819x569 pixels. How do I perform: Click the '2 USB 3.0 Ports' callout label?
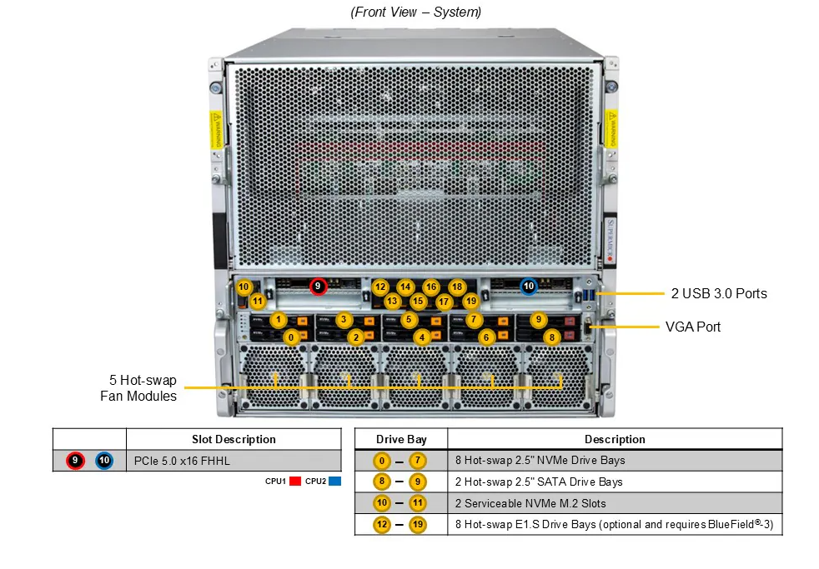click(x=719, y=293)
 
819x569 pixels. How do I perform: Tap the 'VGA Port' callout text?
click(x=692, y=327)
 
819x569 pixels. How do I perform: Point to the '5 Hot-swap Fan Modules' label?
click(x=138, y=388)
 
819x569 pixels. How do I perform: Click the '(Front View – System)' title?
click(x=416, y=12)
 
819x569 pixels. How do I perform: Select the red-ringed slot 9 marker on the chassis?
click(x=318, y=287)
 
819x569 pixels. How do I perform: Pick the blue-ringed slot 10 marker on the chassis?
click(x=528, y=287)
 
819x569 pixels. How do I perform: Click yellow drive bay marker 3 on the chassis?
click(x=344, y=319)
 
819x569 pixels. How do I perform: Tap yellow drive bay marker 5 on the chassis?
click(x=409, y=319)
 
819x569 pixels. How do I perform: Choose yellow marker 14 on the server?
click(x=405, y=287)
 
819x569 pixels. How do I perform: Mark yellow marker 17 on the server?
click(x=444, y=301)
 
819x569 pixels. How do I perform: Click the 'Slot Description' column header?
click(x=234, y=439)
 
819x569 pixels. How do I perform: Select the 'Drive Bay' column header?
click(x=401, y=439)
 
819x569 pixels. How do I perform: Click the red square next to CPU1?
click(x=294, y=482)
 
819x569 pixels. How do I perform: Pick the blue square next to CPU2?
click(x=335, y=482)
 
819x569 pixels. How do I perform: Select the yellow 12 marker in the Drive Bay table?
click(x=383, y=525)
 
